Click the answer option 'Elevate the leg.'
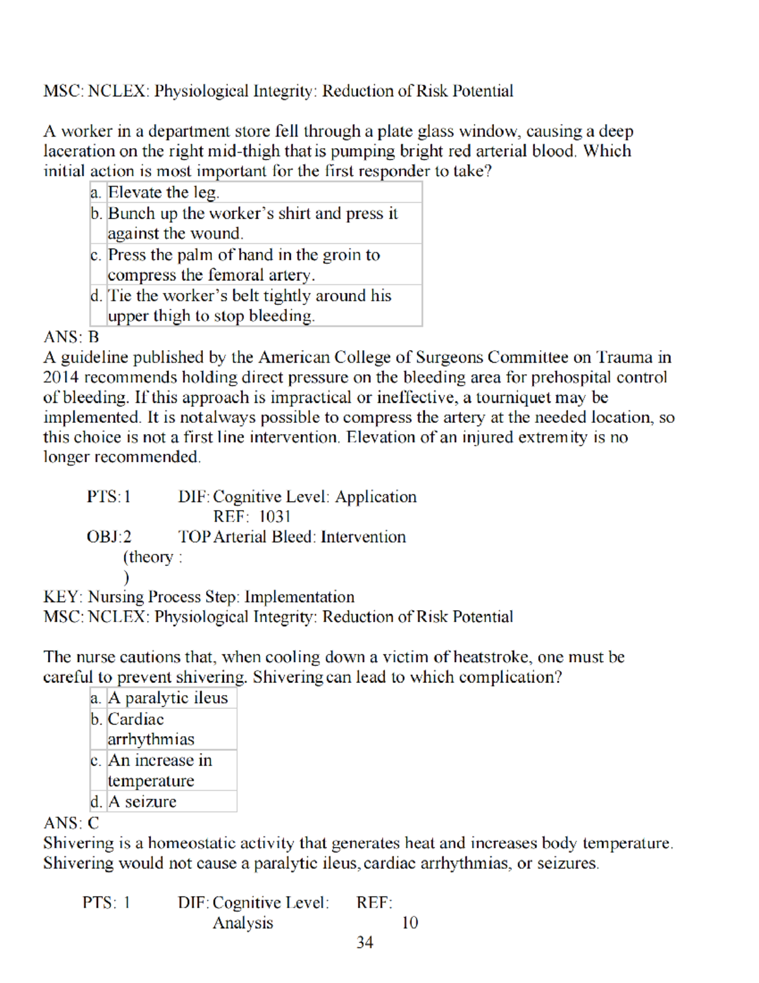pyautogui.click(x=164, y=192)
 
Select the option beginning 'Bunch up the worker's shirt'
pyautogui.click(x=252, y=223)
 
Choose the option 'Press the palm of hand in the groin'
pyautogui.click(x=244, y=265)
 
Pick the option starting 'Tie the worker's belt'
pyautogui.click(x=249, y=306)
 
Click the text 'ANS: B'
pyautogui.click(x=71, y=337)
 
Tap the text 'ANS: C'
pyautogui.click(x=71, y=823)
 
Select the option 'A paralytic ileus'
pyautogui.click(x=168, y=698)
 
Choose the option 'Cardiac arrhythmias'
pyautogui.click(x=151, y=729)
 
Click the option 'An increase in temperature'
pyautogui.click(x=159, y=770)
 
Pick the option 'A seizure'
pyautogui.click(x=142, y=802)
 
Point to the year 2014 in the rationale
pyautogui.click(x=61, y=378)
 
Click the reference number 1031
pyautogui.click(x=275, y=517)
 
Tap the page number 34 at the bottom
pyautogui.click(x=365, y=942)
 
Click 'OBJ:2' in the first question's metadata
pyautogui.click(x=109, y=537)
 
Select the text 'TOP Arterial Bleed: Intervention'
pyautogui.click(x=292, y=537)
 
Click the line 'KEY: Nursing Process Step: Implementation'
pyautogui.click(x=199, y=597)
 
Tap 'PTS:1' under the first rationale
pyautogui.click(x=109, y=497)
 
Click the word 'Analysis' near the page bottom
pyautogui.click(x=243, y=923)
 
